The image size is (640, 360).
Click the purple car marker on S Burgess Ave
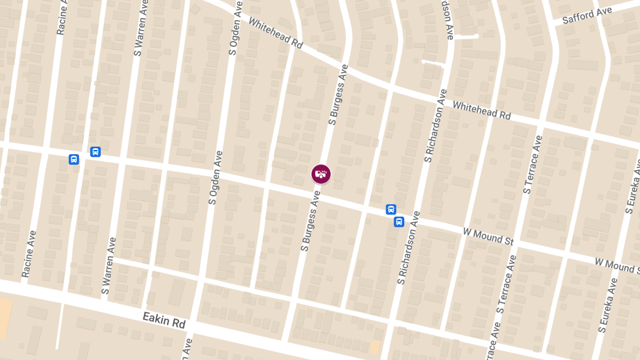click(x=321, y=174)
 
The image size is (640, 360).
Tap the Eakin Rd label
click(x=164, y=321)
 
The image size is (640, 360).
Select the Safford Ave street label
click(x=587, y=15)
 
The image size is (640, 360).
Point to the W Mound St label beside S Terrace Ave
click(x=488, y=235)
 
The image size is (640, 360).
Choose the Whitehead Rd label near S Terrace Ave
click(x=482, y=110)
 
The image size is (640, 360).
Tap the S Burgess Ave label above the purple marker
click(x=338, y=95)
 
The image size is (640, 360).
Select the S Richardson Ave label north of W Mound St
click(x=436, y=125)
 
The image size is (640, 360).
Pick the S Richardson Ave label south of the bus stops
click(x=409, y=247)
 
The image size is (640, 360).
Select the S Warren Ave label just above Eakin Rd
click(x=109, y=266)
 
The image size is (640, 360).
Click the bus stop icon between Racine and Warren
click(x=74, y=159)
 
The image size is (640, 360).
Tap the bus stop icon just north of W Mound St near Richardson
click(x=391, y=210)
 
